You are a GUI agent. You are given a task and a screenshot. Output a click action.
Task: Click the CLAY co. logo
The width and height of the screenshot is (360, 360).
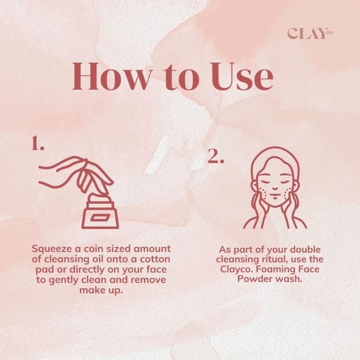310,33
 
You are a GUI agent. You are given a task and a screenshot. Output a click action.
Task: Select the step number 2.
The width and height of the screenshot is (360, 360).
216,156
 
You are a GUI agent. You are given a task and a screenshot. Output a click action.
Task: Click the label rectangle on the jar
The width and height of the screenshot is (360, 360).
100,218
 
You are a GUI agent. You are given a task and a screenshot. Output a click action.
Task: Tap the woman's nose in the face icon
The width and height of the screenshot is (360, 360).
275,188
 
